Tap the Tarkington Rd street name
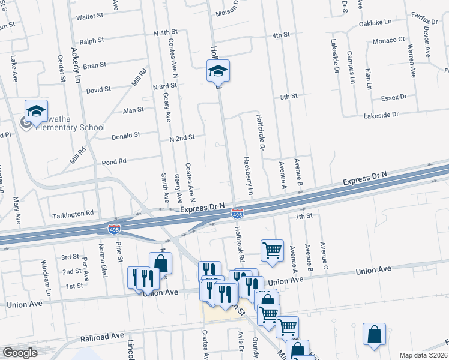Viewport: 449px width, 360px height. click(73, 213)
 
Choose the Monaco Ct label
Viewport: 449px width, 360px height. click(389, 40)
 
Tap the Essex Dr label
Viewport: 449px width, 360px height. click(394, 97)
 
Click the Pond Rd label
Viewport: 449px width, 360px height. click(113, 161)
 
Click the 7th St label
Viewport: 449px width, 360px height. click(304, 215)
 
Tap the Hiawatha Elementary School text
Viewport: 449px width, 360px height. click(70, 127)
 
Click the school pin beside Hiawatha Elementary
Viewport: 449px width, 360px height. click(36, 112)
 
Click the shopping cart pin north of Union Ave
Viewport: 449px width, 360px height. click(272, 251)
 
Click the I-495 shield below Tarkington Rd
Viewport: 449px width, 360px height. click(113, 229)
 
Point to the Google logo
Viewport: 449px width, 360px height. click(20, 352)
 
